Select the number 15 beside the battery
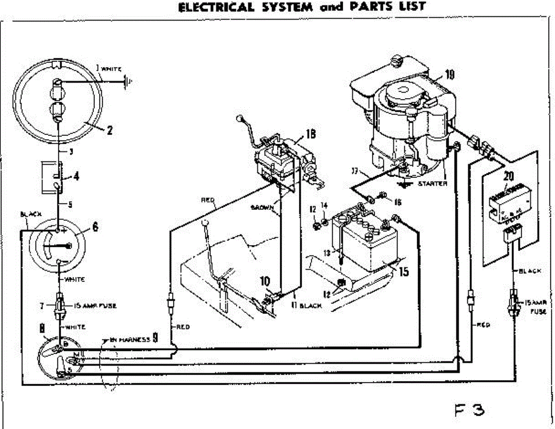(403, 272)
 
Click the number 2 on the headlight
(110, 130)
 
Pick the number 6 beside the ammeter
(95, 227)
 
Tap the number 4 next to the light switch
(76, 177)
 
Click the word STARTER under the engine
(432, 184)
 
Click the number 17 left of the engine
(355, 172)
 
